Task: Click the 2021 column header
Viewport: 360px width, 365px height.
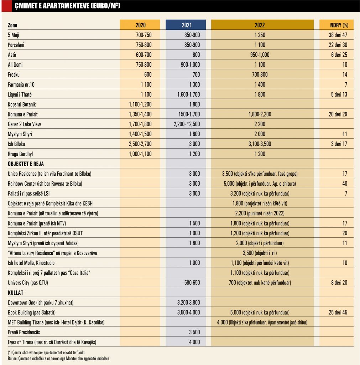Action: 186,25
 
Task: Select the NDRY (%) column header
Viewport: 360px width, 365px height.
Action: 336,25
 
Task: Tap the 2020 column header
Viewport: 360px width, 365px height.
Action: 140,25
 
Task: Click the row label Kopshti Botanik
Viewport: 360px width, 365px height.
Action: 22,104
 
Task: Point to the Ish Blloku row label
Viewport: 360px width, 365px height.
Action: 17,144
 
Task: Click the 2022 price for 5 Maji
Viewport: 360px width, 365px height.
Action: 260,35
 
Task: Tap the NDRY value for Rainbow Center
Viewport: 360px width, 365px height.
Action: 344,184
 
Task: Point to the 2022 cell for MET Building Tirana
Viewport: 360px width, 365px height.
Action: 262,322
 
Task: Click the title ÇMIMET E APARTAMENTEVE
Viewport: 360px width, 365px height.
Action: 64,6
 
